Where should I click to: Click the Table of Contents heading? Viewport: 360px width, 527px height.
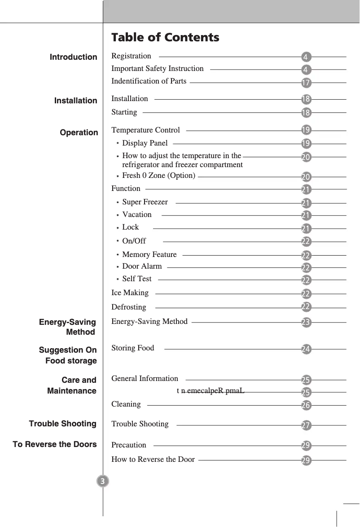tap(165, 37)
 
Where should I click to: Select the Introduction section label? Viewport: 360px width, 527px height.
tap(73, 57)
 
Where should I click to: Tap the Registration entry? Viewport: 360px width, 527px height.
tap(131, 56)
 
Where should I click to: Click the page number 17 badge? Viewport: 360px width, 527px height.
tap(306, 83)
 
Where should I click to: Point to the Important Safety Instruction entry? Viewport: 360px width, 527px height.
tap(157, 69)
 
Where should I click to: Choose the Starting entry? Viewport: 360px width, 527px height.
tap(124, 112)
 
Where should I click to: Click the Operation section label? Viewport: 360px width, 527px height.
tap(79, 133)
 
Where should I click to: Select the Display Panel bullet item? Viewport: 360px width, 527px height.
tap(145, 143)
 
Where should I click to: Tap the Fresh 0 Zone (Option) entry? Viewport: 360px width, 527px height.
tap(158, 176)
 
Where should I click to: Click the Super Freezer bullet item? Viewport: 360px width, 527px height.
tap(145, 202)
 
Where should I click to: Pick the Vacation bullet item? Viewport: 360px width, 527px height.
tap(136, 215)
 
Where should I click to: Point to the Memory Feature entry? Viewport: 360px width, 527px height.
tap(149, 255)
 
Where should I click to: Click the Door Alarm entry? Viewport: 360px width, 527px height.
tap(142, 266)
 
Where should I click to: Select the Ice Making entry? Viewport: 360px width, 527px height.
tap(130, 293)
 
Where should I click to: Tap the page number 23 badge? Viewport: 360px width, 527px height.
tap(306, 323)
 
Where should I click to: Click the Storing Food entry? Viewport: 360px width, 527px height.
tap(132, 348)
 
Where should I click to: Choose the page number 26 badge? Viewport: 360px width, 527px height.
tap(306, 405)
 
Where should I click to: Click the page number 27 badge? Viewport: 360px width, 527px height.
tap(306, 425)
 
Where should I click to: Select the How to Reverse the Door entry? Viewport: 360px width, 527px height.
tap(153, 459)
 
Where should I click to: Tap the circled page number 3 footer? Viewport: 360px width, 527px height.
tap(103, 482)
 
